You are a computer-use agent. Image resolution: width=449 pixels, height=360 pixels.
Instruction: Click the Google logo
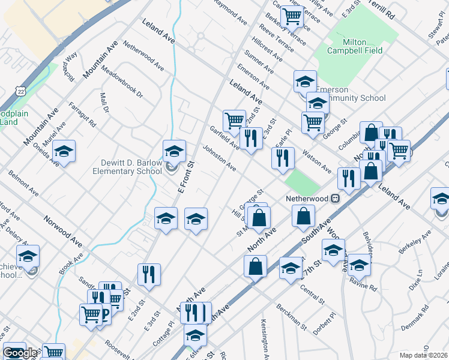click(x=20, y=353)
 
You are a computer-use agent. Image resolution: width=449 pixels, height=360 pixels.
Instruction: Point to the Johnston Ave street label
click(x=219, y=157)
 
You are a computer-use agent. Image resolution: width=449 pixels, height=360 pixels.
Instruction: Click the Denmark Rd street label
click(x=430, y=322)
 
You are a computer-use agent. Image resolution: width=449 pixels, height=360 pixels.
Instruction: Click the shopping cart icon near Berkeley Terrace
click(x=292, y=16)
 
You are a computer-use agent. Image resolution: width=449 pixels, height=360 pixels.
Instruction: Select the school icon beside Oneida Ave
click(x=64, y=152)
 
